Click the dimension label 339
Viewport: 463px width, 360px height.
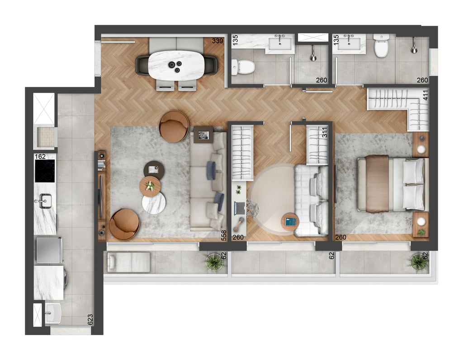(x=217, y=41)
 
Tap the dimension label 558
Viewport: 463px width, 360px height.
(x=224, y=235)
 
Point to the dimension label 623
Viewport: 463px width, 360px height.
(x=90, y=320)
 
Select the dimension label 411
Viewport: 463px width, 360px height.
(x=425, y=95)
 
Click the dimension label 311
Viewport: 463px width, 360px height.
(x=325, y=132)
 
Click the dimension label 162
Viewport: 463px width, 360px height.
(x=40, y=156)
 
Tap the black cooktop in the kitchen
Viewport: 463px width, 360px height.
(x=45, y=171)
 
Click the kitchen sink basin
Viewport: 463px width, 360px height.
(x=45, y=201)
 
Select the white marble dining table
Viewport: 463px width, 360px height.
(x=176, y=65)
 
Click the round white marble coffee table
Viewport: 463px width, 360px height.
(x=154, y=203)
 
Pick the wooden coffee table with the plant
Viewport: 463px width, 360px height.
(x=150, y=186)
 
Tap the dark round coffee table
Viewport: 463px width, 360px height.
(x=154, y=170)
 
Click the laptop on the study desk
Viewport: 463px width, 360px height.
(x=240, y=208)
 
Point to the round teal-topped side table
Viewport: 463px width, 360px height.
(x=290, y=222)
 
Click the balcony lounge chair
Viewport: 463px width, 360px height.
(x=129, y=262)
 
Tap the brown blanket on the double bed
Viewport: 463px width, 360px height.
(x=377, y=184)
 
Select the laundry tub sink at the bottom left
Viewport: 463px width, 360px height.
(x=53, y=313)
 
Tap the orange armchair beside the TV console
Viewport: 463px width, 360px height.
(x=124, y=224)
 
